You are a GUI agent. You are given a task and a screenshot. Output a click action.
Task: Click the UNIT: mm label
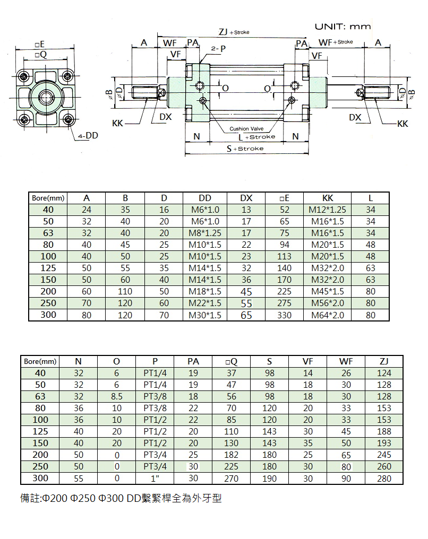click(x=343, y=27)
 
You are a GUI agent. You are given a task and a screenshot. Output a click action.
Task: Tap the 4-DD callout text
click(x=88, y=136)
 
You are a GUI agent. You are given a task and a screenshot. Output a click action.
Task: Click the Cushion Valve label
click(x=246, y=128)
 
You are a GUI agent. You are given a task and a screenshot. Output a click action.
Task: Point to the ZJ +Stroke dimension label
click(x=234, y=32)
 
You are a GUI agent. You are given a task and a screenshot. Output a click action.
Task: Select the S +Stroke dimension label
click(x=245, y=149)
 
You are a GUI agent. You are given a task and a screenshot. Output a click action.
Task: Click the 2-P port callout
click(x=218, y=48)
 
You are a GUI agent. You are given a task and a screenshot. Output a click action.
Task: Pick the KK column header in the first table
click(x=328, y=198)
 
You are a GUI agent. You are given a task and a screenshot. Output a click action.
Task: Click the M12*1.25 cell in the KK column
click(x=328, y=210)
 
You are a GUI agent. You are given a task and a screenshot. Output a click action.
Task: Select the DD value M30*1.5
click(x=205, y=315)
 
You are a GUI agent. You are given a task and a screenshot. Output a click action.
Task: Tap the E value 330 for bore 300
click(x=284, y=315)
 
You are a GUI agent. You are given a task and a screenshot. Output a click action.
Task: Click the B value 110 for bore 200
click(x=125, y=291)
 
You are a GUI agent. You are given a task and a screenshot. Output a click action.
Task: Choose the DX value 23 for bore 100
click(x=246, y=256)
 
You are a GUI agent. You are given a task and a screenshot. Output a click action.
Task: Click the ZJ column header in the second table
click(x=384, y=361)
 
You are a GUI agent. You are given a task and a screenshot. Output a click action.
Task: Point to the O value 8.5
click(x=117, y=396)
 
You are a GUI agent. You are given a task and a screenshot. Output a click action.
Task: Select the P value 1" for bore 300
click(x=155, y=478)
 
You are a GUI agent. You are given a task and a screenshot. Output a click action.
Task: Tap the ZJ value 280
click(x=384, y=479)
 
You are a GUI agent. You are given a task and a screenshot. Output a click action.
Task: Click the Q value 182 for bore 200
click(x=231, y=455)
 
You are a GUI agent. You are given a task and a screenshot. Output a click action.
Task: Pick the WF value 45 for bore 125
click(x=346, y=431)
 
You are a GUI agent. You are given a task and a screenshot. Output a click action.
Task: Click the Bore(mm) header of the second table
click(x=40, y=362)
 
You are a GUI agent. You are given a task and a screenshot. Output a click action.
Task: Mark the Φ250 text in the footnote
click(x=82, y=498)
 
